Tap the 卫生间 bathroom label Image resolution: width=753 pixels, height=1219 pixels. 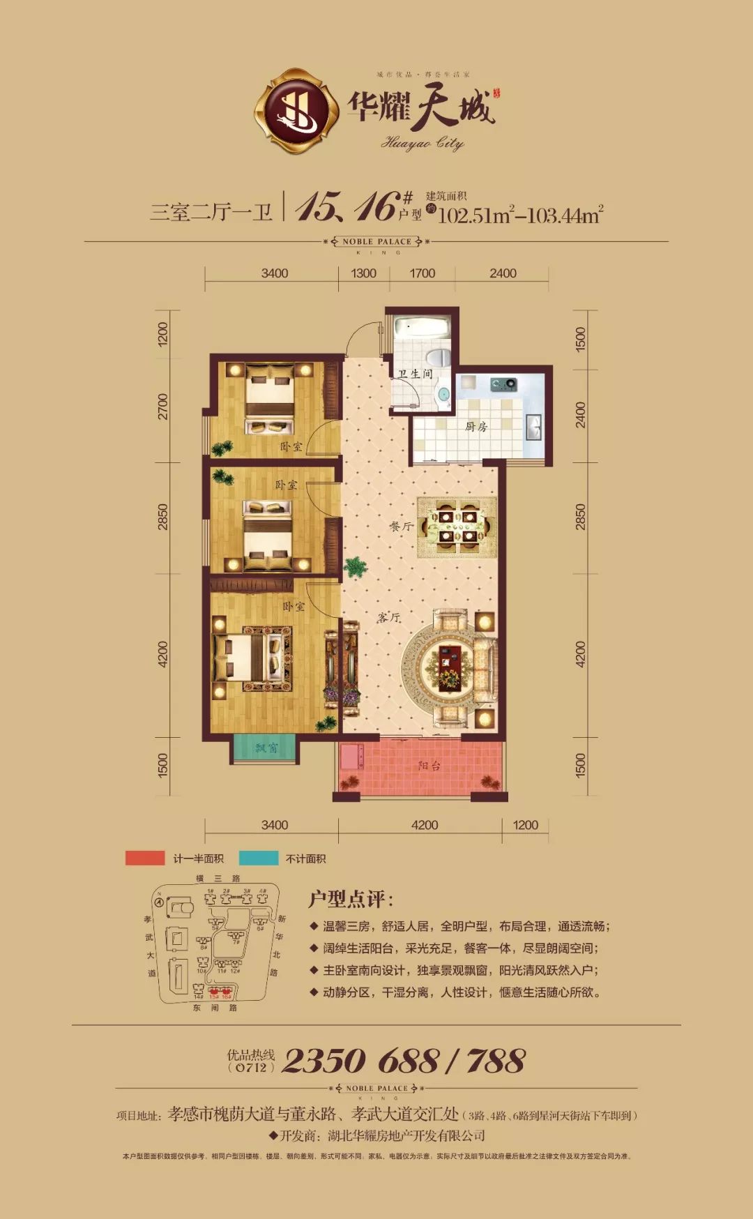click(415, 374)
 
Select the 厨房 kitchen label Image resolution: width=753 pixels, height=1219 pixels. click(476, 427)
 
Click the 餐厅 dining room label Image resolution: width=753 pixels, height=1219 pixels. click(401, 527)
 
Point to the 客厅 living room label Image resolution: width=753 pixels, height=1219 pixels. click(389, 617)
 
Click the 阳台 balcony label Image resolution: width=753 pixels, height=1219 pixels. click(429, 766)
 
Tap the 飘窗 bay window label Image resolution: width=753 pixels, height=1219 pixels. click(266, 748)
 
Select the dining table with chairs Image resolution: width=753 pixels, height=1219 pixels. click(457, 527)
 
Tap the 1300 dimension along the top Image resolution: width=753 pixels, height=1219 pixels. click(363, 273)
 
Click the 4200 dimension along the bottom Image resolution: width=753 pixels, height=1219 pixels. click(425, 825)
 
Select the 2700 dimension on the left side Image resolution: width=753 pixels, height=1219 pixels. click(163, 407)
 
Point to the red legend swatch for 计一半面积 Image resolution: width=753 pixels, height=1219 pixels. click(145, 858)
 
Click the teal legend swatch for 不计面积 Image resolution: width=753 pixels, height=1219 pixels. click(259, 858)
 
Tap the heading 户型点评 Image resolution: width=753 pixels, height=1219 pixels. click(351, 899)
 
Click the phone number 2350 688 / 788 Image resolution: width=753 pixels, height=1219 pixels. click(404, 1061)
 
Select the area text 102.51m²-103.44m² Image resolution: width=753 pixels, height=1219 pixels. click(519, 215)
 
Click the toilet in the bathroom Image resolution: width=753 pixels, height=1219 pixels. click(439, 358)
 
